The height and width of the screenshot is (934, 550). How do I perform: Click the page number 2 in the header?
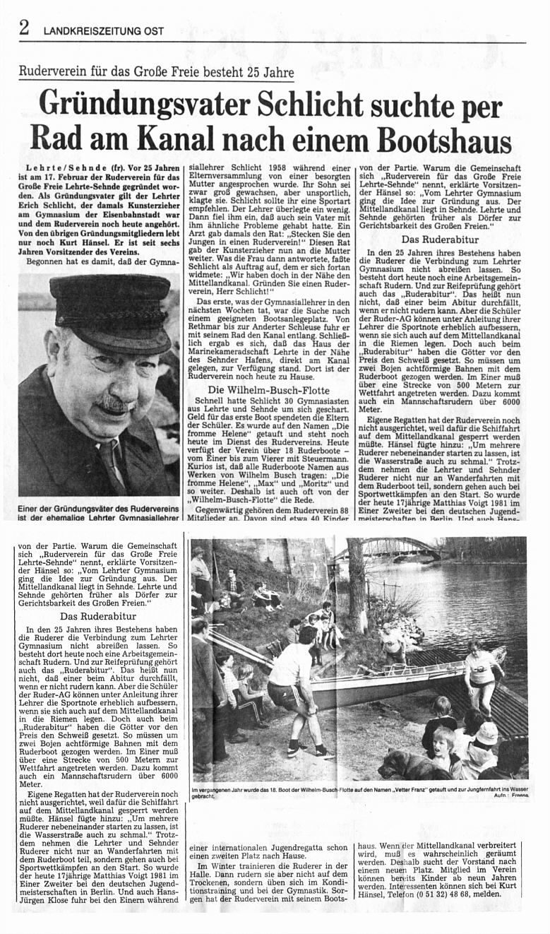[x=24, y=28]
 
